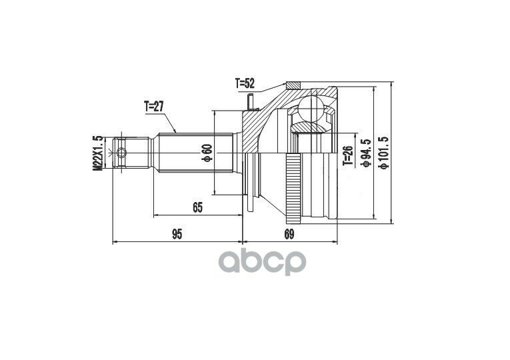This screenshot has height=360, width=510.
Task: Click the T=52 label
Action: (245, 84)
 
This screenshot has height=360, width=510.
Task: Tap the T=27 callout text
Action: (153, 107)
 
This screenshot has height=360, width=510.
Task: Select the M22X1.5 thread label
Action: (98, 153)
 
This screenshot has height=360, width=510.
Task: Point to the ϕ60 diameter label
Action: (207, 153)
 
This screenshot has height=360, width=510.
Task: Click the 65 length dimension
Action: (197, 207)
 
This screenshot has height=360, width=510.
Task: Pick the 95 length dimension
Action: (177, 234)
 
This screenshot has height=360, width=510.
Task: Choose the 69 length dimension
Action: (289, 234)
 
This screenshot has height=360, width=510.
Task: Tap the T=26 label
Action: (348, 156)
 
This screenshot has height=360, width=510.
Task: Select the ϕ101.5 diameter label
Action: (384, 153)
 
